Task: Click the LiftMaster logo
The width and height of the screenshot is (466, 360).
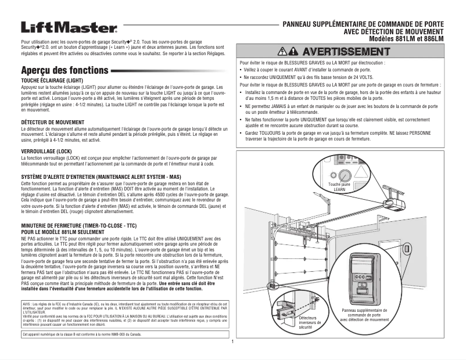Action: pyautogui.click(x=69, y=28)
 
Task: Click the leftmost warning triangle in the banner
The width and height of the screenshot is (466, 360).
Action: pyautogui.click(x=284, y=52)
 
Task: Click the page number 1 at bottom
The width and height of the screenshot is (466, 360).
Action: pyautogui.click(x=232, y=341)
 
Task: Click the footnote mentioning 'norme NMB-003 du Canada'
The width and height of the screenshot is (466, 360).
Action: pyautogui.click(x=81, y=334)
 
